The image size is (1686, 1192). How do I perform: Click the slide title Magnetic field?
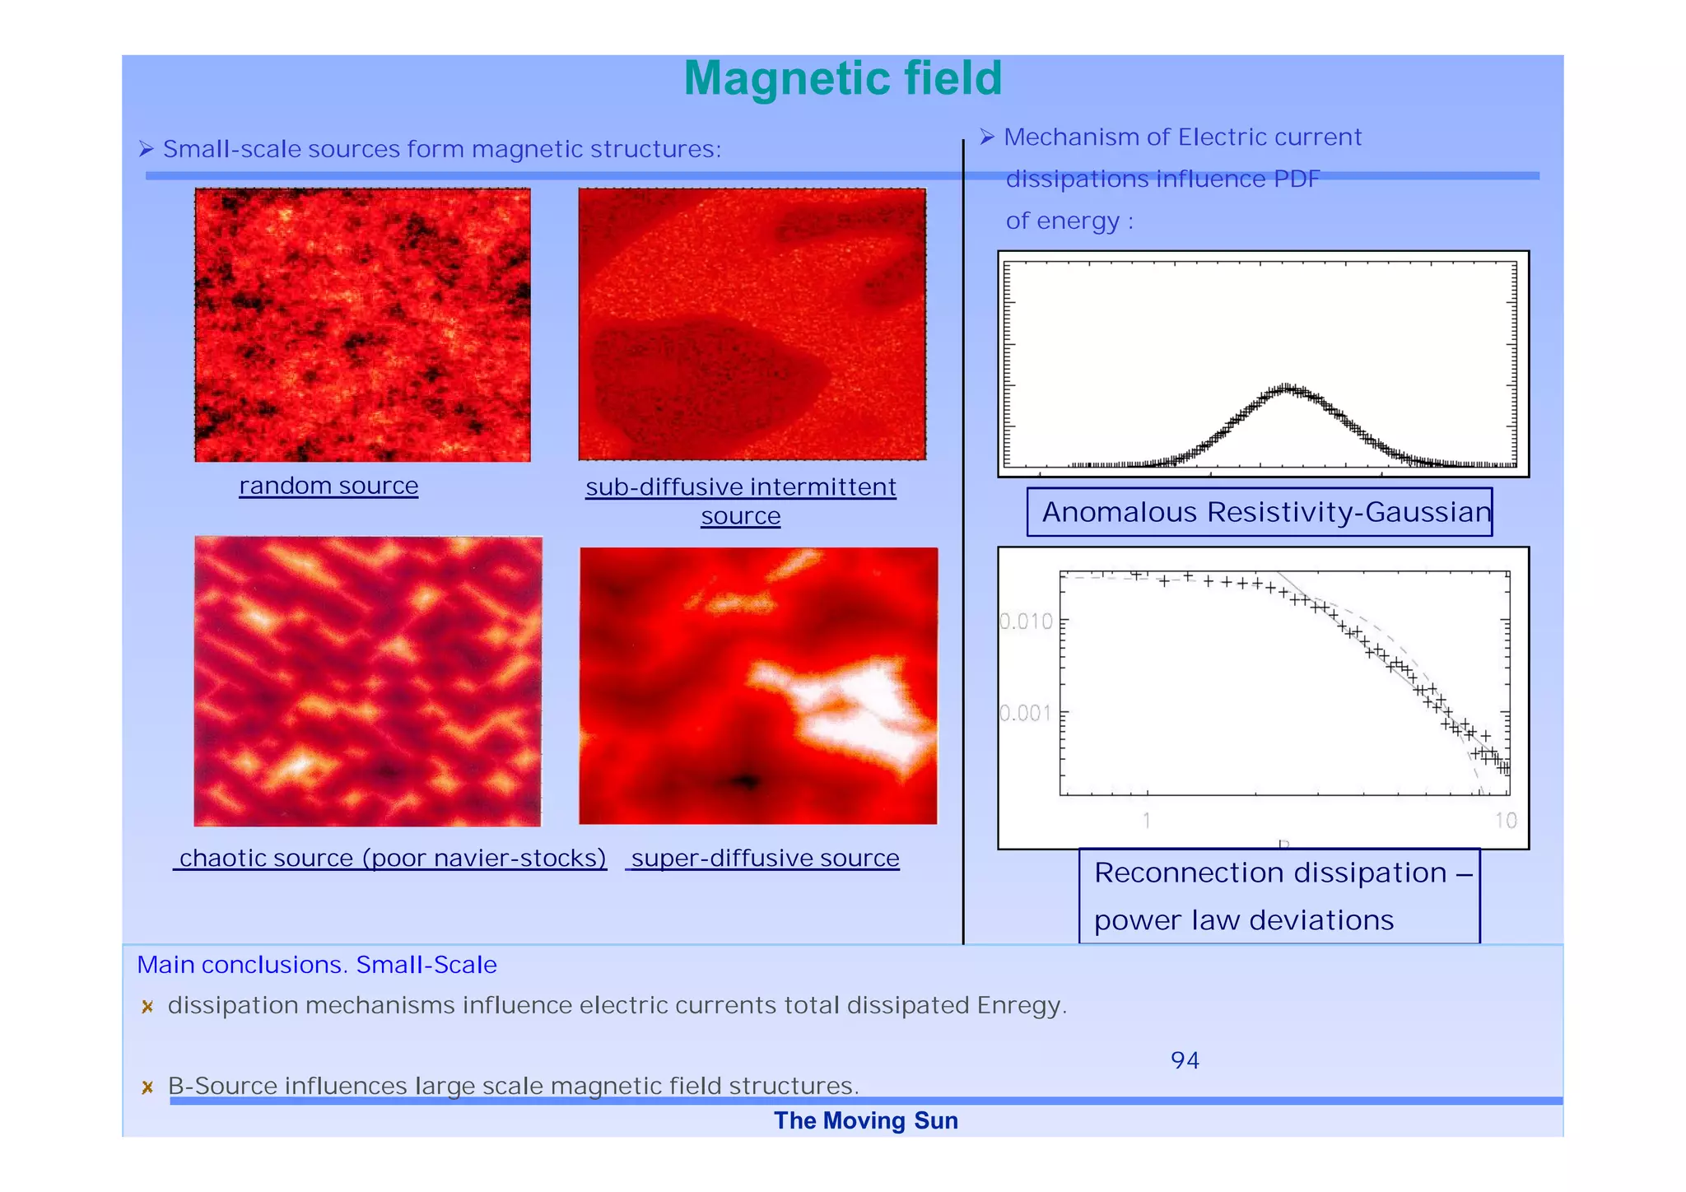click(842, 79)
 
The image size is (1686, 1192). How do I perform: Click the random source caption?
click(328, 486)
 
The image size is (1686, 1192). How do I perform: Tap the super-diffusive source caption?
click(765, 858)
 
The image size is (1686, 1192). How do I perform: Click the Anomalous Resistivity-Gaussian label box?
click(1259, 512)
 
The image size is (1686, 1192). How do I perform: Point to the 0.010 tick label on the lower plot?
click(1026, 621)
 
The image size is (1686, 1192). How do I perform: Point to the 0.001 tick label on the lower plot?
click(1026, 712)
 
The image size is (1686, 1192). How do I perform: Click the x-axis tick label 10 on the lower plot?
click(1506, 820)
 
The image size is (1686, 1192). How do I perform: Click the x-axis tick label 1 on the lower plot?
click(1146, 820)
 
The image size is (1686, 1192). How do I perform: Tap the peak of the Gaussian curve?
click(1287, 388)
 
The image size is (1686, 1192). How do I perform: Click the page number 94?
click(1185, 1060)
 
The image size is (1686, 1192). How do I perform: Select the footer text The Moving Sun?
click(865, 1121)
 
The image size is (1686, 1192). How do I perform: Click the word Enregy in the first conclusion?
click(1020, 1006)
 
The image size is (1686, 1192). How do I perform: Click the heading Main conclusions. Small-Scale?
click(317, 965)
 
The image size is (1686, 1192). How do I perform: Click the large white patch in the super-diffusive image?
click(856, 708)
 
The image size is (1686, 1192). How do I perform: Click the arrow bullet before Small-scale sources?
click(147, 149)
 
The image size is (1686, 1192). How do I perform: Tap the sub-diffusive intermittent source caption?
click(740, 501)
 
